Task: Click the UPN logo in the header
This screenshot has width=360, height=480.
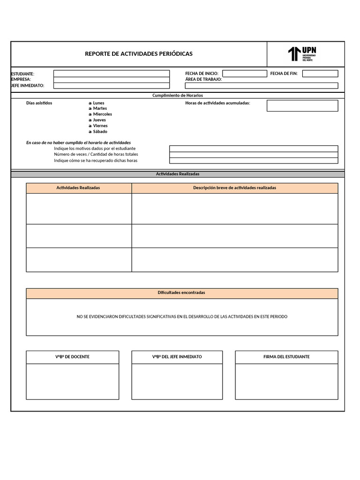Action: pos(302,54)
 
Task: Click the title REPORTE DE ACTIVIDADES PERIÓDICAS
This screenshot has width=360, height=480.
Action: pos(139,54)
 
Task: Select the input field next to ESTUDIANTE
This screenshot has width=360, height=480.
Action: pos(112,74)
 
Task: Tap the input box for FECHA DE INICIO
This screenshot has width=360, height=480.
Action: pos(244,74)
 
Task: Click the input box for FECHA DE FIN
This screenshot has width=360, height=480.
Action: pos(320,74)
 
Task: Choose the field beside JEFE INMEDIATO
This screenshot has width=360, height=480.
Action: pos(112,86)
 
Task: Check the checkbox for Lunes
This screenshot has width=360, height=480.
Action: pos(90,103)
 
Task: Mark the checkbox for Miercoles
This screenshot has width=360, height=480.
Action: pos(90,114)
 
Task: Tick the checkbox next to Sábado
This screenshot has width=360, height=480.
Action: pos(90,132)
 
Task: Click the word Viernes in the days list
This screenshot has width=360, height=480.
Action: pos(100,126)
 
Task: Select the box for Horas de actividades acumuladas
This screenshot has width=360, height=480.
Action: pos(302,106)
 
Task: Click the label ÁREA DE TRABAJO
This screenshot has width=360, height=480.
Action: pos(203,80)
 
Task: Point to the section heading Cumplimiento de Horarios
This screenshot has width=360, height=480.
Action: pos(178,95)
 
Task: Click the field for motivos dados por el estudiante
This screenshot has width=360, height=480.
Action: pos(253,149)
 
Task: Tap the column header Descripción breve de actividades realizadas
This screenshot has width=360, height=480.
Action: pos(234,188)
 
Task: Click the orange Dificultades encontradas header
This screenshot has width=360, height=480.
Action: pos(181,293)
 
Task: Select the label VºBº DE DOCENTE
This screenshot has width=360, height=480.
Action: pos(73,357)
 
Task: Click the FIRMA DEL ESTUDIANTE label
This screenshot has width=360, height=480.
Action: pos(286,357)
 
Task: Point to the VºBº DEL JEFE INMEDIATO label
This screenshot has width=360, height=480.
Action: pos(177,357)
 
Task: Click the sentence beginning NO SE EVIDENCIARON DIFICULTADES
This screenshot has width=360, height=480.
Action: pos(182,317)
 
